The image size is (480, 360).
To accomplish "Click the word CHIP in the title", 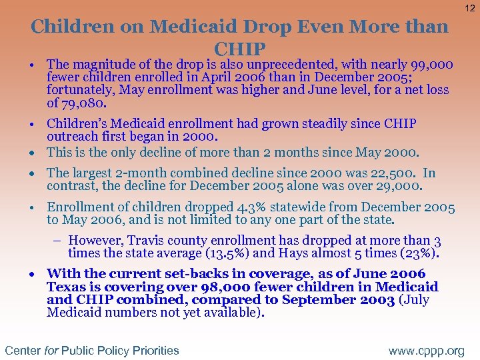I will point(240,49).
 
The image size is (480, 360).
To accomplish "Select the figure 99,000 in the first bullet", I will point(431,65).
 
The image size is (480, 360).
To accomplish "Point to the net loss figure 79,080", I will point(83,103).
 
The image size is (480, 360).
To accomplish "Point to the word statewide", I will point(274,207).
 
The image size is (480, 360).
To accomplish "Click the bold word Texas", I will point(66,287).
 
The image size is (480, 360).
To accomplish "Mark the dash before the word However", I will point(59,241).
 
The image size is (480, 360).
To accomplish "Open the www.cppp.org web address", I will point(427,350).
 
